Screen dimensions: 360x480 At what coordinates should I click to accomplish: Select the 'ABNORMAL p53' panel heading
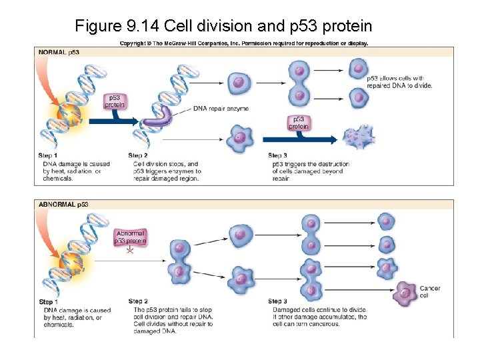pos(63,204)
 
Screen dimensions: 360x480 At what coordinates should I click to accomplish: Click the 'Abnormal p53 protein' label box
pos(130,237)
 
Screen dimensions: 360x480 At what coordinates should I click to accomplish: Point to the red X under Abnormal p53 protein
pos(130,251)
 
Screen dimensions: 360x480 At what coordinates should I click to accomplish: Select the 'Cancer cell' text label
pos(430,292)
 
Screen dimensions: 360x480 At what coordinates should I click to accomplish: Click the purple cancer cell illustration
pos(404,293)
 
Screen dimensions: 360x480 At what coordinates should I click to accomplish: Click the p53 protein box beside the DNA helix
pos(115,101)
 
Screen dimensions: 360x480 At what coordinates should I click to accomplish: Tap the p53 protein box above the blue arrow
pos(299,122)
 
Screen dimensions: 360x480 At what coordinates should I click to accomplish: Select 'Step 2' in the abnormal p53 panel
pos(138,301)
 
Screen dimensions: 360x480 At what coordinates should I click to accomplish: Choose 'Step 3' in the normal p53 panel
pos(277,155)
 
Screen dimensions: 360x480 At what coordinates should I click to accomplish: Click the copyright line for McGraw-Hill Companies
pos(243,43)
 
